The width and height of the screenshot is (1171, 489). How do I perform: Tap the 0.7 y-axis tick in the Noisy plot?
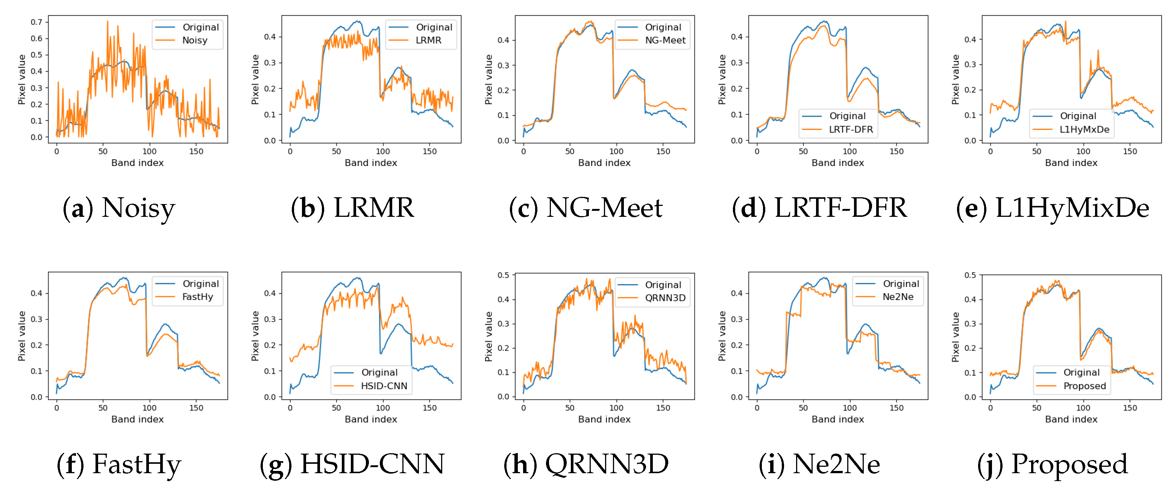36,22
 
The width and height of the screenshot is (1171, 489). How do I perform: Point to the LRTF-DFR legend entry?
851,129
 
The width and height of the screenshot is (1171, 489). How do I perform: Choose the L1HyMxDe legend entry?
1084,129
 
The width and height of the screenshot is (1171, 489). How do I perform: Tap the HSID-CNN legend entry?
384,386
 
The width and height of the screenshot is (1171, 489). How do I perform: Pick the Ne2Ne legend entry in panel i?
897,297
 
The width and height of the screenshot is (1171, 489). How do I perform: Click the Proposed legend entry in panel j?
1084,386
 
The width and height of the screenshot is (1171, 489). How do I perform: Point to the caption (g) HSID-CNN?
352,465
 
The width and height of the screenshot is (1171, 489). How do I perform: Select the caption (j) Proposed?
1052,465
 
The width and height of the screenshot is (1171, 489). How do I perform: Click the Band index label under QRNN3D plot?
604,419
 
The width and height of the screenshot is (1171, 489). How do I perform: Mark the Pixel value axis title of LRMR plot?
255,79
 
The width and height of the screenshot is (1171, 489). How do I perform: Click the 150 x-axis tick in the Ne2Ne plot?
896,408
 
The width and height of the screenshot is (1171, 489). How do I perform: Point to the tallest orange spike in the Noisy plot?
108,21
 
